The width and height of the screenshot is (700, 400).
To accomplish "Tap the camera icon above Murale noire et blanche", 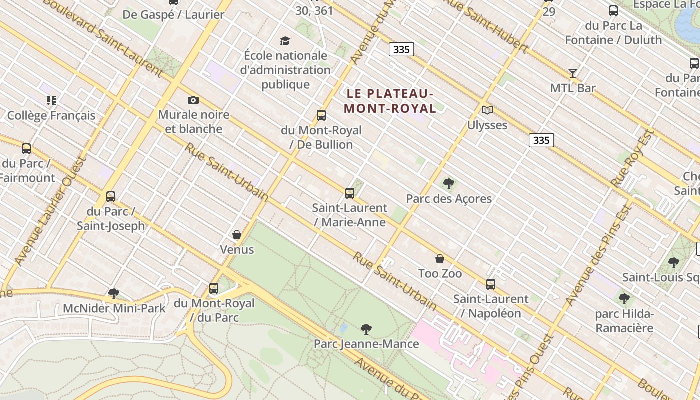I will click(193, 100).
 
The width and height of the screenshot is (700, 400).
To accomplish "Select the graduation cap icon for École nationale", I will click(285, 41).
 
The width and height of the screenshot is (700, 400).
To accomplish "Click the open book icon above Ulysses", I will click(487, 110).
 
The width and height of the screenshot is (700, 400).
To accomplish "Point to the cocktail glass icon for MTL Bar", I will click(573, 73).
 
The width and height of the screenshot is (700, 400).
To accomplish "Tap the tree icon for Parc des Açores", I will click(449, 184).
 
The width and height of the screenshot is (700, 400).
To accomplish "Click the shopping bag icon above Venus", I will click(237, 235).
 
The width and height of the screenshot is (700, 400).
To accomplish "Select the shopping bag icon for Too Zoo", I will click(440, 259).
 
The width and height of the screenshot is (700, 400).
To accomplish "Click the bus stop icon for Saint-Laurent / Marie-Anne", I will click(350, 193).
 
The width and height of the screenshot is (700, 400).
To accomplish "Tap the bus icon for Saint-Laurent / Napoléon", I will click(491, 284).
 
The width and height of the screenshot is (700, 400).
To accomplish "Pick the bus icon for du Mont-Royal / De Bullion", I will click(321, 115).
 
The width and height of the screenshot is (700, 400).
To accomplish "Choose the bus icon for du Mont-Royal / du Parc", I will click(214, 288).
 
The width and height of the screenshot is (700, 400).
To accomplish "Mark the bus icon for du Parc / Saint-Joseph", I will click(111, 197).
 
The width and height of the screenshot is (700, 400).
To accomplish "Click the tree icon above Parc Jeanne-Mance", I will click(366, 329).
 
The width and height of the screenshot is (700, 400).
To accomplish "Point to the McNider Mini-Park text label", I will click(114, 308).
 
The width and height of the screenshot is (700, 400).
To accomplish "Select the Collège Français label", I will click(51, 116).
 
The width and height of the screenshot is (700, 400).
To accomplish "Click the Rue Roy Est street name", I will click(633, 159).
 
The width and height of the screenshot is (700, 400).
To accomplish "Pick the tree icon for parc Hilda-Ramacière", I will click(624, 299).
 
